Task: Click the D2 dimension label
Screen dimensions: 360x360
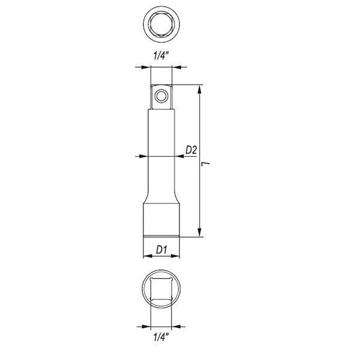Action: (191, 151)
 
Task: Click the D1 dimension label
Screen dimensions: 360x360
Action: (161, 250)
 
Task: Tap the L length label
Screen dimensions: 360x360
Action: (205, 164)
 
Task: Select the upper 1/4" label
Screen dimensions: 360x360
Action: (161, 56)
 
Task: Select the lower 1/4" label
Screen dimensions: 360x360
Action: (161, 337)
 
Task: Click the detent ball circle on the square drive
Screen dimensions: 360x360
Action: (161, 96)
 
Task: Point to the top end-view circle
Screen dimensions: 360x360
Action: (161, 24)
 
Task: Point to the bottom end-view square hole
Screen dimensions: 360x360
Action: (161, 289)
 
